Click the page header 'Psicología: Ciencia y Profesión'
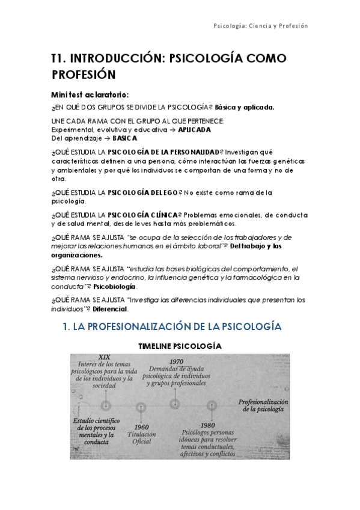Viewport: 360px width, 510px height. coord(260,26)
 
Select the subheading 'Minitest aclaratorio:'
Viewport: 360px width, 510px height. coord(90,94)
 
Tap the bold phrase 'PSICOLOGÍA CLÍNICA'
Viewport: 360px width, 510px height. coord(143,215)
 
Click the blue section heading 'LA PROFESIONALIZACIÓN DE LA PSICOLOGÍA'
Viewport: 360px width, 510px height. coord(179,327)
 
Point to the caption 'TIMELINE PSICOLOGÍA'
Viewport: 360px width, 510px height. coord(180,346)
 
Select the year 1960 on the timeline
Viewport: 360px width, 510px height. coord(142,427)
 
